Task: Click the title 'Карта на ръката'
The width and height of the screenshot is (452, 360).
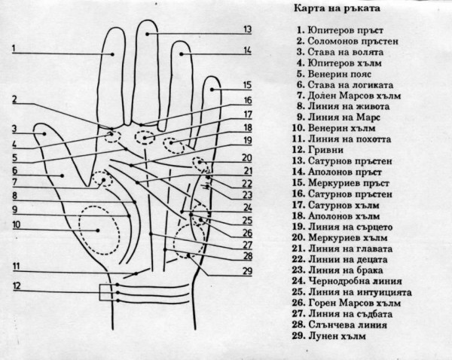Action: (333, 9)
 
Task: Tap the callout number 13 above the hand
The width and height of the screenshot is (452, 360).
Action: (245, 29)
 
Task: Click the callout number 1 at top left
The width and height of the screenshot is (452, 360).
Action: (14, 47)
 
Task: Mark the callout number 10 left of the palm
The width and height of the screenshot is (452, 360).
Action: (15, 224)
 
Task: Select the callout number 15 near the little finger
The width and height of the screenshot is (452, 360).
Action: (246, 85)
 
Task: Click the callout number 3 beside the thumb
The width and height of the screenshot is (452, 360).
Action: (14, 129)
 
